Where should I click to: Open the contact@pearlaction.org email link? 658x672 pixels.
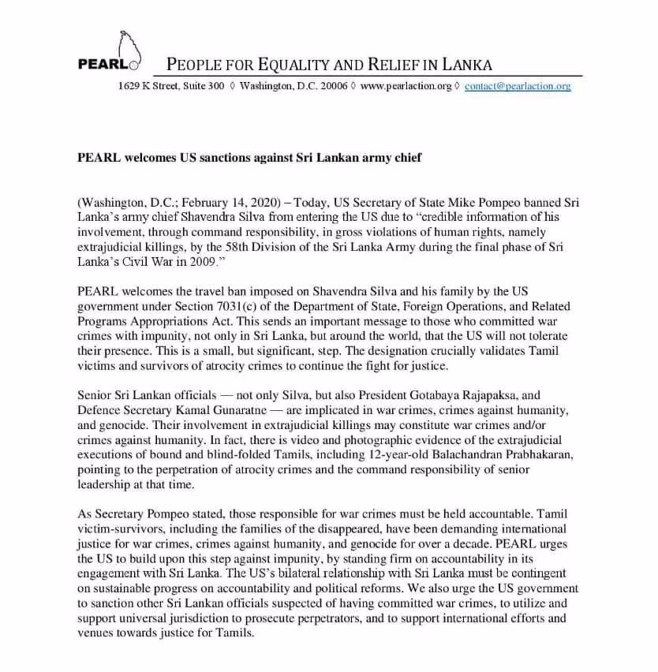(517, 86)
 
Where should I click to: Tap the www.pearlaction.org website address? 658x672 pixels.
(406, 86)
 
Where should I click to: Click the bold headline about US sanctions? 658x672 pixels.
(249, 157)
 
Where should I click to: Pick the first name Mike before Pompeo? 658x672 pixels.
(477, 202)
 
